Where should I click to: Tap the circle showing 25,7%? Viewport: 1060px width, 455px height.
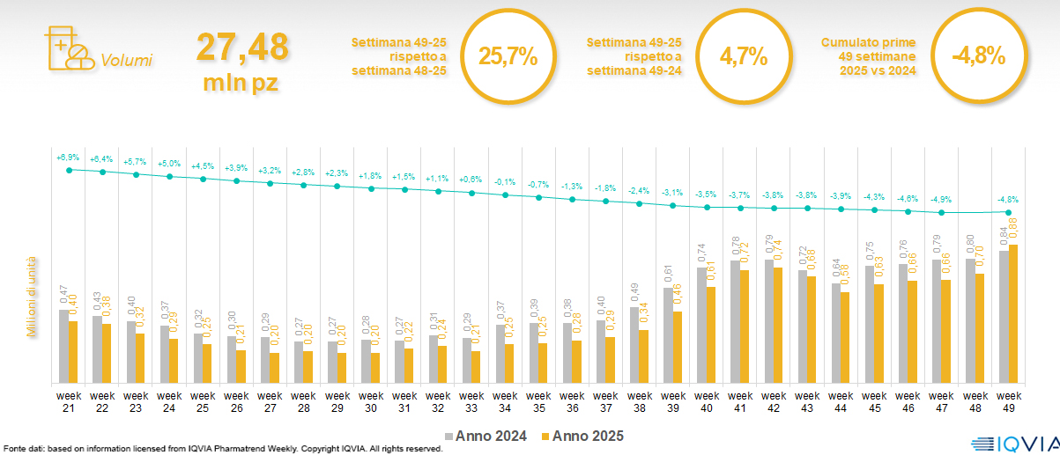coord(507,56)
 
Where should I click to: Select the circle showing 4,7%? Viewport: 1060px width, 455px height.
coord(743,56)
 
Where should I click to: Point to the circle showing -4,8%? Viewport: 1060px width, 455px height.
coord(978,56)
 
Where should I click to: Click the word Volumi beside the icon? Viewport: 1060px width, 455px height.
coord(126,61)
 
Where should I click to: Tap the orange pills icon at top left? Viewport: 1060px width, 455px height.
coord(68,48)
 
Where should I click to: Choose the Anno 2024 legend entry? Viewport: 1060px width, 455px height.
coord(489,437)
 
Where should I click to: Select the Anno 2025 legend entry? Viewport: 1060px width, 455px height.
coord(582,437)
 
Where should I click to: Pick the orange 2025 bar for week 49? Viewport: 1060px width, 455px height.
coord(1013,313)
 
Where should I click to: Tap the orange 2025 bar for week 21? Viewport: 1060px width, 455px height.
coord(73,351)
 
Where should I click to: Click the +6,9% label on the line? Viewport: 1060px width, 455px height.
coord(68,158)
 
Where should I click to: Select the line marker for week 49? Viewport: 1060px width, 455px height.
coord(1008,212)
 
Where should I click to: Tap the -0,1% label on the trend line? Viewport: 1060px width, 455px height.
coord(505,181)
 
